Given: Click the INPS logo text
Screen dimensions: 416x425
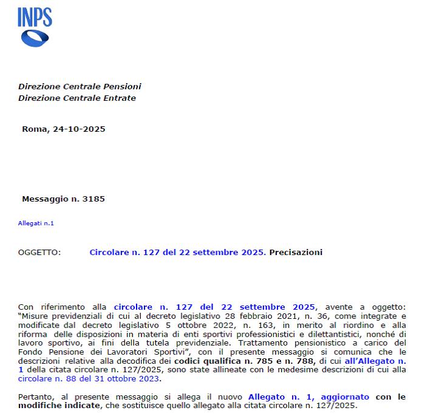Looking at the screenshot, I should click(x=35, y=18).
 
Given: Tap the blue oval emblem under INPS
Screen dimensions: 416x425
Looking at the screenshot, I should click(x=35, y=38).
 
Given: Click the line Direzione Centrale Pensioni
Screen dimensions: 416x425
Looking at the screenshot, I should click(x=80, y=87).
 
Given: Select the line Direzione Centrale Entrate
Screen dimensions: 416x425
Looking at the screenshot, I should click(x=77, y=98).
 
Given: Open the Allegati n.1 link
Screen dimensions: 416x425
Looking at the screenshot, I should click(x=36, y=223).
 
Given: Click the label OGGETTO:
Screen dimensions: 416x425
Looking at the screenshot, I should click(x=39, y=252).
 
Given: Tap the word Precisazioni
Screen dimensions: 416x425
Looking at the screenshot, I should click(x=296, y=252).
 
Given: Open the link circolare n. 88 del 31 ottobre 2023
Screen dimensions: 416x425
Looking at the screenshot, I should click(x=89, y=379).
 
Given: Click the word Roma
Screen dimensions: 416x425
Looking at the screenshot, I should click(x=33, y=129).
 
